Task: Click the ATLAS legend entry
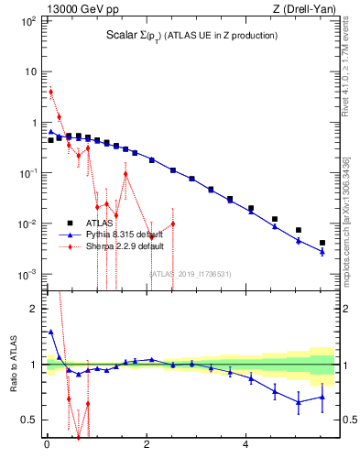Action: (x=103, y=222)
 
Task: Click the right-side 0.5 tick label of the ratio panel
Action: (x=348, y=420)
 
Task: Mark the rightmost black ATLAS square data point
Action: (x=322, y=243)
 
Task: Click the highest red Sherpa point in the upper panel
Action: (x=51, y=92)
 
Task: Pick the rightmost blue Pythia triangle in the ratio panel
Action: (x=322, y=397)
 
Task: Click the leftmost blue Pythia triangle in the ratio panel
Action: (x=51, y=332)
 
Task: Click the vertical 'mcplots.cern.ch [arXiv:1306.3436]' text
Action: (x=346, y=220)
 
